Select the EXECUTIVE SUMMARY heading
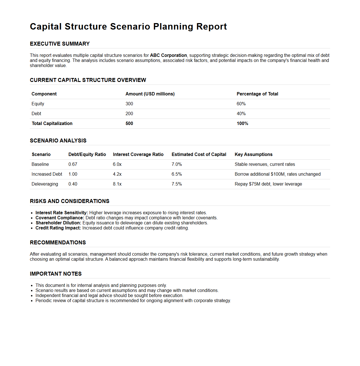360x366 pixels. [x=60, y=44]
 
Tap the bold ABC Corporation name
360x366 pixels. [x=168, y=55]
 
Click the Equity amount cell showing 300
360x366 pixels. [x=129, y=104]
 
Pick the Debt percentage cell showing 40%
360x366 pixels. [x=241, y=114]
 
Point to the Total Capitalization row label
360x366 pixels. [x=52, y=124]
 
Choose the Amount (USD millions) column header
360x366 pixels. [x=150, y=94]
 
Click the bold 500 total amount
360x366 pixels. [x=129, y=124]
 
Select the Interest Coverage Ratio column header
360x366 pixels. [x=138, y=155]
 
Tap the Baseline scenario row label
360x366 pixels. [x=40, y=164]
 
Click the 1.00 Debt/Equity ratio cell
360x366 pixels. [x=73, y=174]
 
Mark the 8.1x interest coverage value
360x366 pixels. [x=117, y=184]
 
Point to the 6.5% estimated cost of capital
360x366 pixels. [x=177, y=174]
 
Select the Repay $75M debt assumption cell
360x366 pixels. [x=268, y=184]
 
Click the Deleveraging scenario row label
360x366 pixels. [x=45, y=184]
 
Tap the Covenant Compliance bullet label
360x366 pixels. [x=60, y=218]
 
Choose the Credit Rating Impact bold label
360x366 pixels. [x=58, y=228]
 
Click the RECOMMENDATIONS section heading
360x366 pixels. [x=58, y=243]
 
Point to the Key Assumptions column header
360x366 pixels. [x=254, y=155]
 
